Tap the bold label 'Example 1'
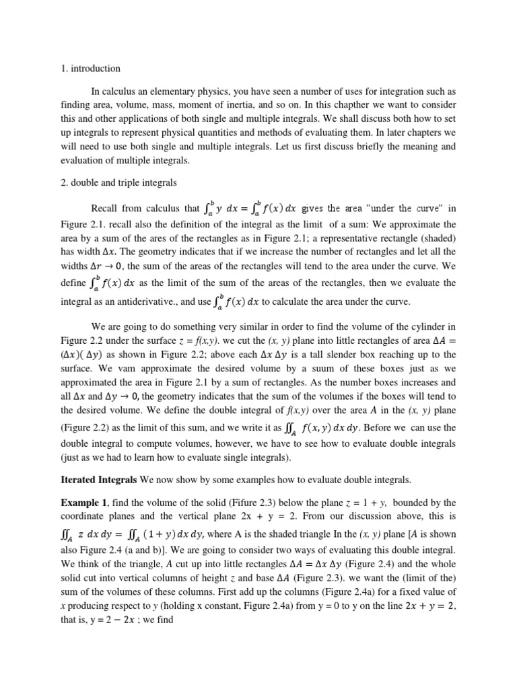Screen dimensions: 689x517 click(81, 503)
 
